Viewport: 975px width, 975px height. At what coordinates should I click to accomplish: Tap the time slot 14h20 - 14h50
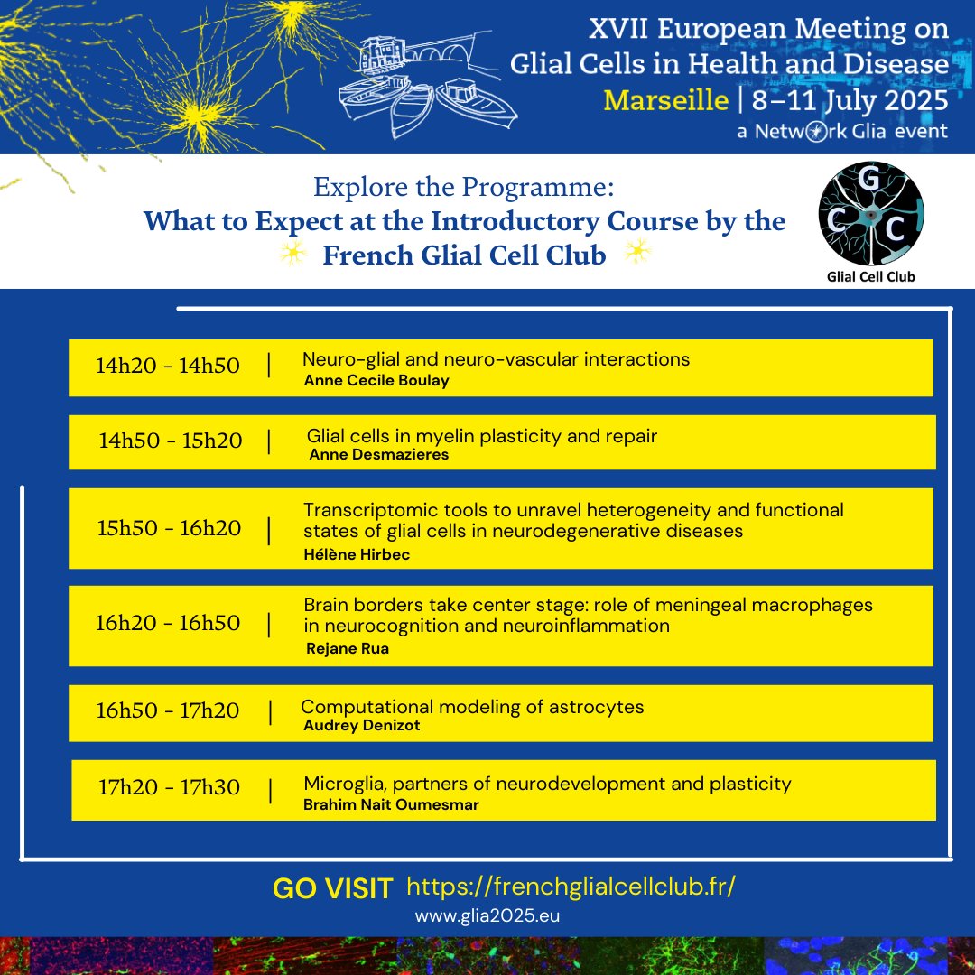click(x=168, y=366)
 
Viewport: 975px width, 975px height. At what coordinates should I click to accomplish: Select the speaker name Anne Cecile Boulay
click(x=376, y=381)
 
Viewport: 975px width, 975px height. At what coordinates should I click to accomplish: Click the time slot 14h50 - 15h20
click(x=171, y=441)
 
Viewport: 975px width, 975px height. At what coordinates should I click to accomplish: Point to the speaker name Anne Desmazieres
click(x=378, y=455)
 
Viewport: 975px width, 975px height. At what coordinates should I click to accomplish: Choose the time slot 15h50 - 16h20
click(x=170, y=528)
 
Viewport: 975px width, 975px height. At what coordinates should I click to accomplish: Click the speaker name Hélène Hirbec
click(x=357, y=555)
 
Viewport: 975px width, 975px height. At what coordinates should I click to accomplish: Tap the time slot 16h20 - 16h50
click(x=168, y=623)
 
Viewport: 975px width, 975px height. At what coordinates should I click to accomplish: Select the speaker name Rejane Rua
click(x=348, y=648)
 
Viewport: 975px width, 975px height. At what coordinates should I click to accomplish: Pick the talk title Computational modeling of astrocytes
click(x=472, y=707)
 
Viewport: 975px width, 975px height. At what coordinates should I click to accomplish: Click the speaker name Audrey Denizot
click(x=362, y=725)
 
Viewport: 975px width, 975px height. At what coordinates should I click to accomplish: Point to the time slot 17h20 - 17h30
click(x=170, y=788)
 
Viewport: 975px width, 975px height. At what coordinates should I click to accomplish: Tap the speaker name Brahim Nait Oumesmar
click(x=391, y=804)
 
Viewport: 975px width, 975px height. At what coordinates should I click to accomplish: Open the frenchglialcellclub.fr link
click(x=571, y=886)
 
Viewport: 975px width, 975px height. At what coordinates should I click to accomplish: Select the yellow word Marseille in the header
click(x=665, y=99)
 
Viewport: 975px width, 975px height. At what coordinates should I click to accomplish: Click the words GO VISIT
click(x=332, y=888)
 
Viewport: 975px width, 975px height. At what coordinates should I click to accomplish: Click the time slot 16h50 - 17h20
click(x=168, y=711)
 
